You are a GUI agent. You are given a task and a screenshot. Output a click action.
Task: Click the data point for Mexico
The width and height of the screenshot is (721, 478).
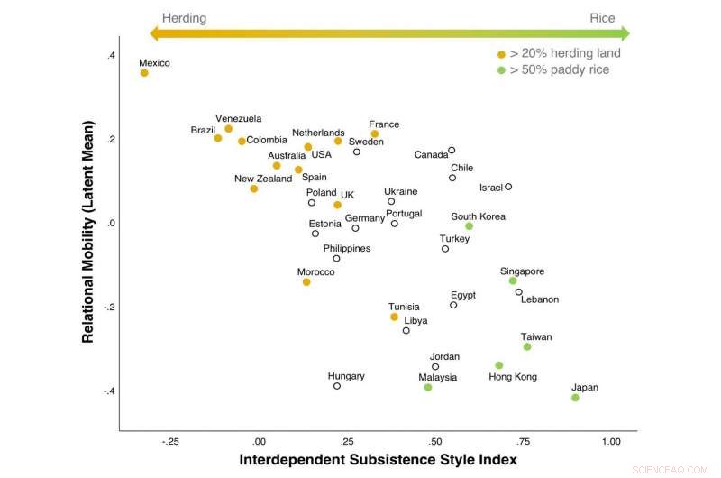[144, 73]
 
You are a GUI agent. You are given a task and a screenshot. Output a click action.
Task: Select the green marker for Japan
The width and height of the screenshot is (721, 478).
[575, 398]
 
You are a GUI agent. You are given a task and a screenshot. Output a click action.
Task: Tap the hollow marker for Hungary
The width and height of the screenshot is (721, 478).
[337, 386]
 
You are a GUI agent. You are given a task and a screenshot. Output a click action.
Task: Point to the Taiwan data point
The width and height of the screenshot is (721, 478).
[527, 346]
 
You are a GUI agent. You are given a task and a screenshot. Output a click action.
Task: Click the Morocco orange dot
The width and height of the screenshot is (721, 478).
[306, 282]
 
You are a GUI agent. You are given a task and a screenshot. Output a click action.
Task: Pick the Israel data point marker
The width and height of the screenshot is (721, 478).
[508, 187]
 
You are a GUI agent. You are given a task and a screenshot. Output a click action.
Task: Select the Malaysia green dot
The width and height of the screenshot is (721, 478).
[428, 387]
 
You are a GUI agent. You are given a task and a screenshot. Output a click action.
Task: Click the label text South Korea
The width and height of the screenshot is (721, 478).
[479, 216]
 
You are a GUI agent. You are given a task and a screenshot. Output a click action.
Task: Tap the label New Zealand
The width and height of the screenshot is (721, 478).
[263, 179]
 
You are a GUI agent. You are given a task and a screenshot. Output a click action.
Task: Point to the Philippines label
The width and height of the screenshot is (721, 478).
[346, 248]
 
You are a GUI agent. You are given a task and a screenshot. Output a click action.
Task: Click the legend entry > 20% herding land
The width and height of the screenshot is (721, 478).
[565, 53]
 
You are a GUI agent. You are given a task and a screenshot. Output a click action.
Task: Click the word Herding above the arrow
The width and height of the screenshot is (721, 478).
[184, 18]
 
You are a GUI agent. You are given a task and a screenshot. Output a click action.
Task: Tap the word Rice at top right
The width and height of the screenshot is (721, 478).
[602, 18]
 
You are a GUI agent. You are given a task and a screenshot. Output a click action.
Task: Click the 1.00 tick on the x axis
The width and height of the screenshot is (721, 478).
[611, 442]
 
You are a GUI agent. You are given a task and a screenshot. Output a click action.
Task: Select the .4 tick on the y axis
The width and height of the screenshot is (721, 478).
[111, 56]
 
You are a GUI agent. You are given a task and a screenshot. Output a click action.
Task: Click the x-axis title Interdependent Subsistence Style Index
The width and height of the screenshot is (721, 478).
[378, 460]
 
